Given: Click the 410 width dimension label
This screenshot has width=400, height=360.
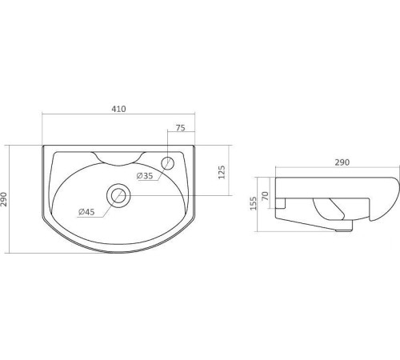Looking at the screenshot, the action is point(118,109).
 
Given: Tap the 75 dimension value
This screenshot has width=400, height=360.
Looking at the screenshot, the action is point(181,128).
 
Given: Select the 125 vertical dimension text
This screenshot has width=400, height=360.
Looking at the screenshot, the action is point(222,172).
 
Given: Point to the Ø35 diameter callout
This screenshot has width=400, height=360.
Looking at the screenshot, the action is point(145,176).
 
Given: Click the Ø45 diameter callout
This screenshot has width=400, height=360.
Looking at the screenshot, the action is point(86,212).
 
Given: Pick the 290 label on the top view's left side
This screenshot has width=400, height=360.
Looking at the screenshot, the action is point(4,199).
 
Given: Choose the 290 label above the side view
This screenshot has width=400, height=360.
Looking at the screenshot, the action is point(342,162).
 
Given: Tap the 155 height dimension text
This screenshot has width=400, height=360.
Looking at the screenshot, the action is point(254,203).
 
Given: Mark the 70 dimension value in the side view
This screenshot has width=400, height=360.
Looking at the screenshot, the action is point(266,196).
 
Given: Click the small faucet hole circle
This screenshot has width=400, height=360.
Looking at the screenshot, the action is point(168,162).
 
